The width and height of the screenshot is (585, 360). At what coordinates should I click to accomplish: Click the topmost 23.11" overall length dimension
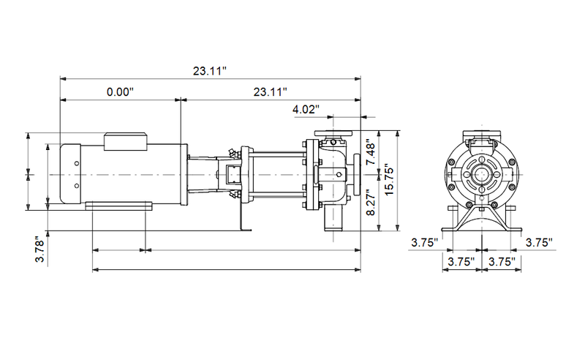(x=210, y=70)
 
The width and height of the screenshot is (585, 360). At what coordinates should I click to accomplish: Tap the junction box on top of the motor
(x=127, y=140)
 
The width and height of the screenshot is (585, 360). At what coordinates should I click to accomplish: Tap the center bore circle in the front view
(x=481, y=175)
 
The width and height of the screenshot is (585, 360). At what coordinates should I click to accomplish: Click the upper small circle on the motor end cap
(x=77, y=162)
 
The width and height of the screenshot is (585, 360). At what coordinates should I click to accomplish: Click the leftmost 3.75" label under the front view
(x=424, y=242)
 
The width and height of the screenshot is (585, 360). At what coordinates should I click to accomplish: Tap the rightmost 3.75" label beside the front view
(x=538, y=242)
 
